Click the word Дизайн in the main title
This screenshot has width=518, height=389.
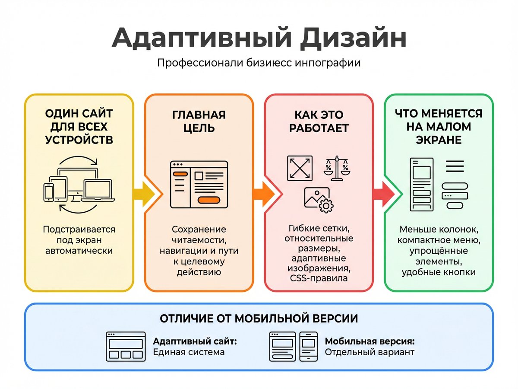pyautogui.click(x=353, y=38)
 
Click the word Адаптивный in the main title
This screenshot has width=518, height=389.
pyautogui.click(x=202, y=38)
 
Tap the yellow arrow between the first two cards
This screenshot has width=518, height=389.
pyautogui.click(x=144, y=194)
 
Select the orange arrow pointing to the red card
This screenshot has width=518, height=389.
pyautogui.click(x=264, y=194)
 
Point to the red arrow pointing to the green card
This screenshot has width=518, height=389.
pyautogui.click(x=384, y=194)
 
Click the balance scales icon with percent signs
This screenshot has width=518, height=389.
pyautogui.click(x=337, y=169)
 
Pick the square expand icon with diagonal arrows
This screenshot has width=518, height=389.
pyautogui.click(x=300, y=169)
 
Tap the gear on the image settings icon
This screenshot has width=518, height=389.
pyautogui.click(x=326, y=206)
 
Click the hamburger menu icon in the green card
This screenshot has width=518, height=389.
pyautogui.click(x=455, y=166)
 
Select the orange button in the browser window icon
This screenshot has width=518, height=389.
pyautogui.click(x=208, y=200)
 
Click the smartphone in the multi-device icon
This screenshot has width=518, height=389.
pyautogui.click(x=49, y=192)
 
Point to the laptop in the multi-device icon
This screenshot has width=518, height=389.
pyautogui.click(x=98, y=191)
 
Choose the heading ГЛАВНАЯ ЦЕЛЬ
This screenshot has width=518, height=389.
pyautogui.click(x=199, y=121)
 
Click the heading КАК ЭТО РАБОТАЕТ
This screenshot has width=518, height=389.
pyautogui.click(x=319, y=121)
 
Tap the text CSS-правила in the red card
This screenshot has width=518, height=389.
pyautogui.click(x=319, y=278)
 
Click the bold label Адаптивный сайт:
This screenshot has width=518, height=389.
pyautogui.click(x=195, y=341)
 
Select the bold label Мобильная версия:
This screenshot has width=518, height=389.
pyautogui.click(x=370, y=341)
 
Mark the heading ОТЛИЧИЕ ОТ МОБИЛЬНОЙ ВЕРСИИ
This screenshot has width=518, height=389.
pyautogui.click(x=259, y=319)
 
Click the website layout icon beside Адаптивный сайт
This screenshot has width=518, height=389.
pyautogui.click(x=126, y=347)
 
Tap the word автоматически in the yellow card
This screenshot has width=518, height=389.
pyautogui.click(x=79, y=251)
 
